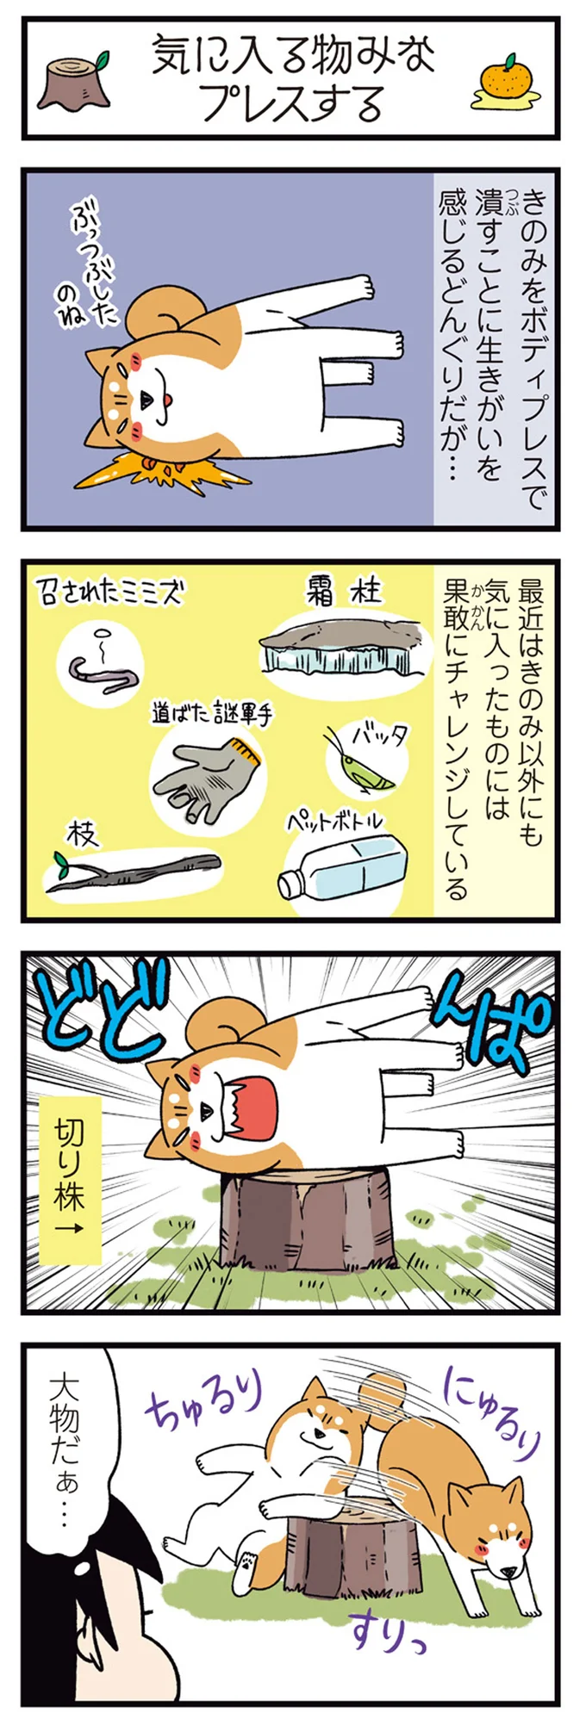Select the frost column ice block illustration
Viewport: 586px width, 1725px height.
(x=345, y=647)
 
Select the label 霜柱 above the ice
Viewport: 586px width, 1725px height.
(x=344, y=592)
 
